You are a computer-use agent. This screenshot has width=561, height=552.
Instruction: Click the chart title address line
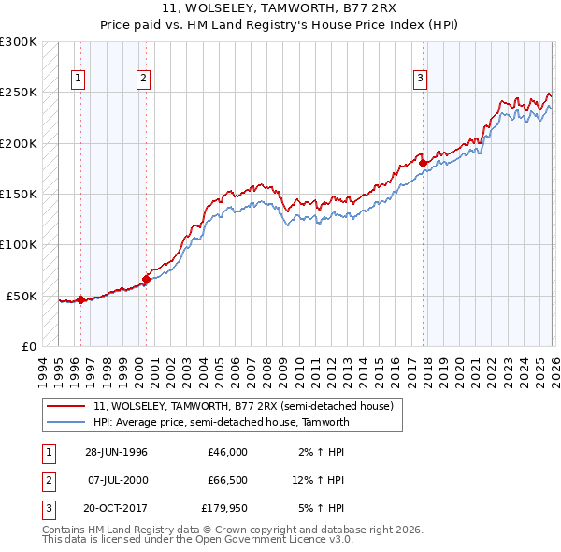[280, 8]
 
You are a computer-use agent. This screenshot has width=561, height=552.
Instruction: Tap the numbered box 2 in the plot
[143, 79]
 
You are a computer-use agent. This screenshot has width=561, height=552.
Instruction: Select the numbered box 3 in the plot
[421, 79]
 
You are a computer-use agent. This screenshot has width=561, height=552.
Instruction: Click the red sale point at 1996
[80, 299]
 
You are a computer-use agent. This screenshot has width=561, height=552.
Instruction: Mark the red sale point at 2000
[146, 279]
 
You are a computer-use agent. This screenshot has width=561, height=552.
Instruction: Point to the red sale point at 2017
[423, 163]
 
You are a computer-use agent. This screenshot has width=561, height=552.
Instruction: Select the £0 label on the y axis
[27, 346]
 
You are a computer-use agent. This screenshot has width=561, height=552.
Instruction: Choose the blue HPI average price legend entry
[221, 422]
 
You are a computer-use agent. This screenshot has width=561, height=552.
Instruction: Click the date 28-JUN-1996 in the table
[116, 452]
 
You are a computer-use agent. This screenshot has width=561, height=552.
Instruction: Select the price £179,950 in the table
[224, 508]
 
